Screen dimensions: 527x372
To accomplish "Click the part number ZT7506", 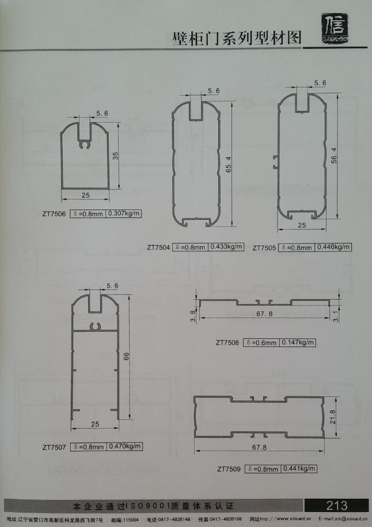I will click(54, 213).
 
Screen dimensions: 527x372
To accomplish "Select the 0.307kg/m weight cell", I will click(124, 213).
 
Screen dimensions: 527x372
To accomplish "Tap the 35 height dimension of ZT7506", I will click(115, 157).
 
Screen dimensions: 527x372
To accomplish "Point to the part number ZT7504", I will click(158, 248).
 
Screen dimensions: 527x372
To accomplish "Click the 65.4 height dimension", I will click(229, 164).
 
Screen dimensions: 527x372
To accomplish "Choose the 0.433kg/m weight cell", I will click(226, 247).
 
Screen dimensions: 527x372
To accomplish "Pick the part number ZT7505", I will click(264, 248).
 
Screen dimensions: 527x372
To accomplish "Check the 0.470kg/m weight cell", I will click(125, 446).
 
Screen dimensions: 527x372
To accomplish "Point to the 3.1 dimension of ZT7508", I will click(336, 316).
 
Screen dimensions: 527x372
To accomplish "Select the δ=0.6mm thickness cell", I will click(262, 342).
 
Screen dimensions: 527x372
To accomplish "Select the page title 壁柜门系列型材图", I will click(238, 39).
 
